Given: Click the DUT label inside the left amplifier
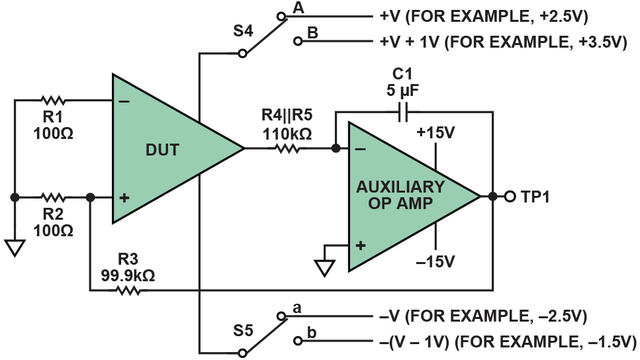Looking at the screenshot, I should coord(163,150).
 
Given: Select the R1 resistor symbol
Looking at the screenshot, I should coord(53,101).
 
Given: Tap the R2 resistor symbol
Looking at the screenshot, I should coord(53,197).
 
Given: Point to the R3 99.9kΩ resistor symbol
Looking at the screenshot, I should coord(129,289).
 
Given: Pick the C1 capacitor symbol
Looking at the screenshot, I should coord(404,112).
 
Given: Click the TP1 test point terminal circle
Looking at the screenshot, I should coord(510,197).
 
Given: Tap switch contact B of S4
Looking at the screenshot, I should coord(297,41).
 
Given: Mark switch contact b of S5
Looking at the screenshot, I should coord(297,341).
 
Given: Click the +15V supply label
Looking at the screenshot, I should coord(435,132).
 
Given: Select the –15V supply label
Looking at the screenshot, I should coord(435,261).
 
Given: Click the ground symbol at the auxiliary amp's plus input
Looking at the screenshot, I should coord(324,267).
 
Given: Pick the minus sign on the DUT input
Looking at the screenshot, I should coord(124,102).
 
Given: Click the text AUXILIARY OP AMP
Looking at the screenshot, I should coord(400,195).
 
